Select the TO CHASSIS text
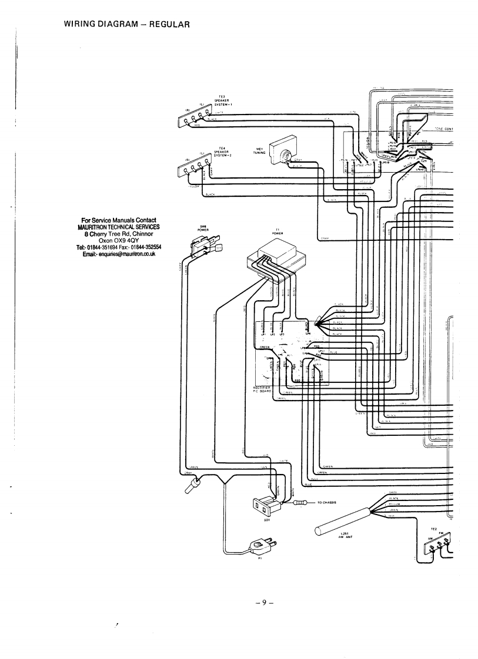coord(329,503)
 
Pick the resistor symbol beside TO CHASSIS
coord(300,503)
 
